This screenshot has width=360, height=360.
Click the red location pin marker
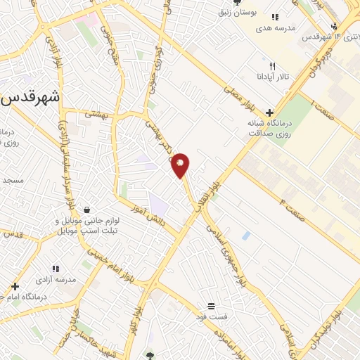click(181, 164)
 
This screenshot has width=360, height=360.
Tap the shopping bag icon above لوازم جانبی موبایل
click(86, 210)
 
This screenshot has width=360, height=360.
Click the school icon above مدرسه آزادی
click(55, 268)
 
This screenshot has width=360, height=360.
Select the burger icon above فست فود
click(211, 306)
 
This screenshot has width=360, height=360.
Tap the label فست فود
click(210, 317)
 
